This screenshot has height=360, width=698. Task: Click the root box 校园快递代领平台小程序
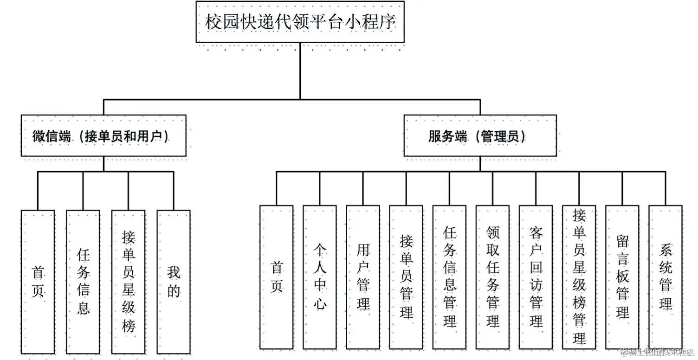(300, 22)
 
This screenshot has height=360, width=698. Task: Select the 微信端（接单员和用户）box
(103, 136)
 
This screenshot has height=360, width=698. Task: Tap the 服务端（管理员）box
(480, 136)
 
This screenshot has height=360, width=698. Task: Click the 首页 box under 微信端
(38, 282)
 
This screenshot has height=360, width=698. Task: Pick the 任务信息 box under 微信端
(83, 282)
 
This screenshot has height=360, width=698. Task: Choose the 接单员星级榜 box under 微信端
(128, 282)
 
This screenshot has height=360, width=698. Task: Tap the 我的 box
(174, 282)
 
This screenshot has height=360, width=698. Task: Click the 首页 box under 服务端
(276, 277)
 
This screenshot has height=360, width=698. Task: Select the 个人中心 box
(319, 277)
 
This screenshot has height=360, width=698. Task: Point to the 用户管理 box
(363, 277)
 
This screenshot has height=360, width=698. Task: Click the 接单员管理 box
(406, 277)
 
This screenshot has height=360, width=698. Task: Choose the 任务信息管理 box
(449, 277)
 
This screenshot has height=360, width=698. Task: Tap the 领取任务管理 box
(492, 277)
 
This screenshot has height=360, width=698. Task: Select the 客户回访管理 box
(536, 277)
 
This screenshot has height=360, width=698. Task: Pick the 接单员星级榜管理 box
(579, 277)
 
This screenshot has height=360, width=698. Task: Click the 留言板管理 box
(622, 277)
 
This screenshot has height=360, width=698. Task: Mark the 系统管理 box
(666, 277)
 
